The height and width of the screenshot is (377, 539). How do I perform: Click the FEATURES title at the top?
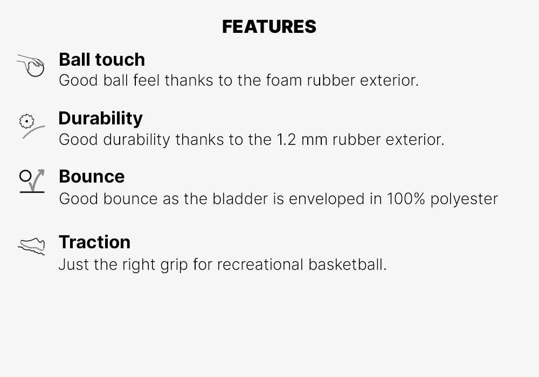[x=269, y=26]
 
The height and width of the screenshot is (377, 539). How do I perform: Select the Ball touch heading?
[x=101, y=59]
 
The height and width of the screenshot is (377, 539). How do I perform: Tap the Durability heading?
[x=100, y=118]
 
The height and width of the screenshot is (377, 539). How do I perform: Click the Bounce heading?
[x=92, y=176]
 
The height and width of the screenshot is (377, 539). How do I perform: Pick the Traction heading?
[x=94, y=242]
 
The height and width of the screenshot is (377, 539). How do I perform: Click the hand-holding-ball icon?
[x=31, y=66]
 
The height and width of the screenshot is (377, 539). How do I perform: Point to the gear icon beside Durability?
[x=27, y=122]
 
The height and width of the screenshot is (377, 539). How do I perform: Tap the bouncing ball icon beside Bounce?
[x=32, y=181]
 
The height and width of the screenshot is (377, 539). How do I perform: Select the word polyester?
[x=465, y=199]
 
